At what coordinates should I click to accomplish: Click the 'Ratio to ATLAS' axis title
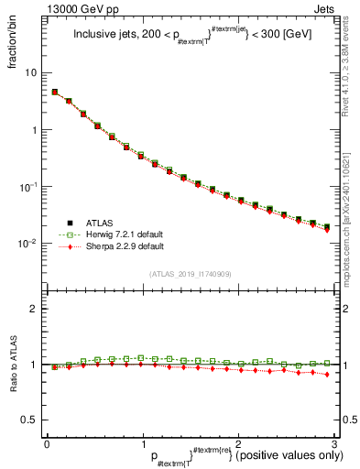pyautogui.click(x=14, y=365)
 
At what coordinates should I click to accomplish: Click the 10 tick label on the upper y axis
pyautogui.click(x=30, y=72)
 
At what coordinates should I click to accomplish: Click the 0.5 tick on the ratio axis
pyautogui.click(x=29, y=420)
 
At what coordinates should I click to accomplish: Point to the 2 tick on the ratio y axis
pyautogui.click(x=34, y=310)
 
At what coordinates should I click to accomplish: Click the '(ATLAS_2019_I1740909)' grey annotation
pyautogui.click(x=190, y=274)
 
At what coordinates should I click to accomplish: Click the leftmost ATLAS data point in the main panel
pyautogui.click(x=55, y=92)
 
